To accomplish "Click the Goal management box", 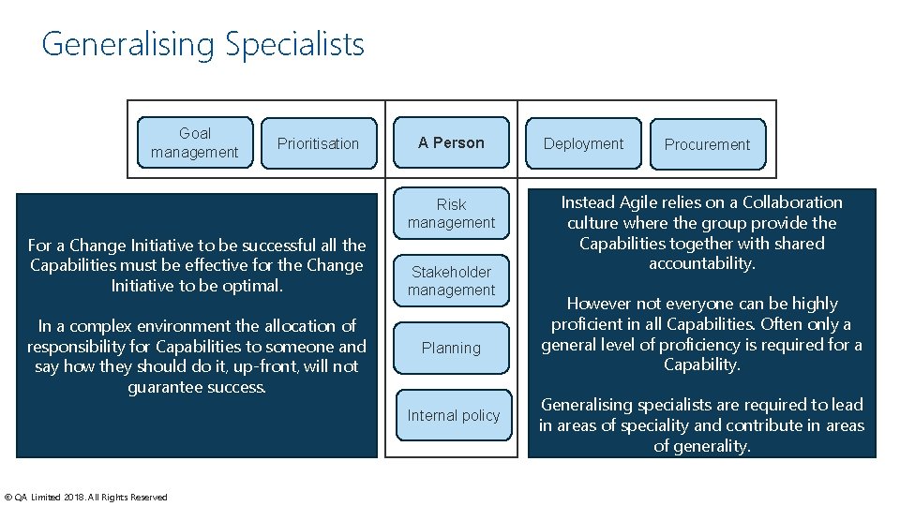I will coord(195,142).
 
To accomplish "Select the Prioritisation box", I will coord(319,143).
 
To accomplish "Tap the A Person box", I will coord(451,142).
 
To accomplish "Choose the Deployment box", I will coord(583,143).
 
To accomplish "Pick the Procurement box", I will coord(707,144).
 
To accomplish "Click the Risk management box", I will coord(451,213).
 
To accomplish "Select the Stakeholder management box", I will coord(451,280).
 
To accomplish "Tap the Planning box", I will coord(451,348).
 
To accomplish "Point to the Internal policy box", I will coord(454,415).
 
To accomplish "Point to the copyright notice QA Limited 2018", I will coord(86,497).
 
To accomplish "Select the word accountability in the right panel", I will coord(702,263).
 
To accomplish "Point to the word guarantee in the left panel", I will coord(165,387).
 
